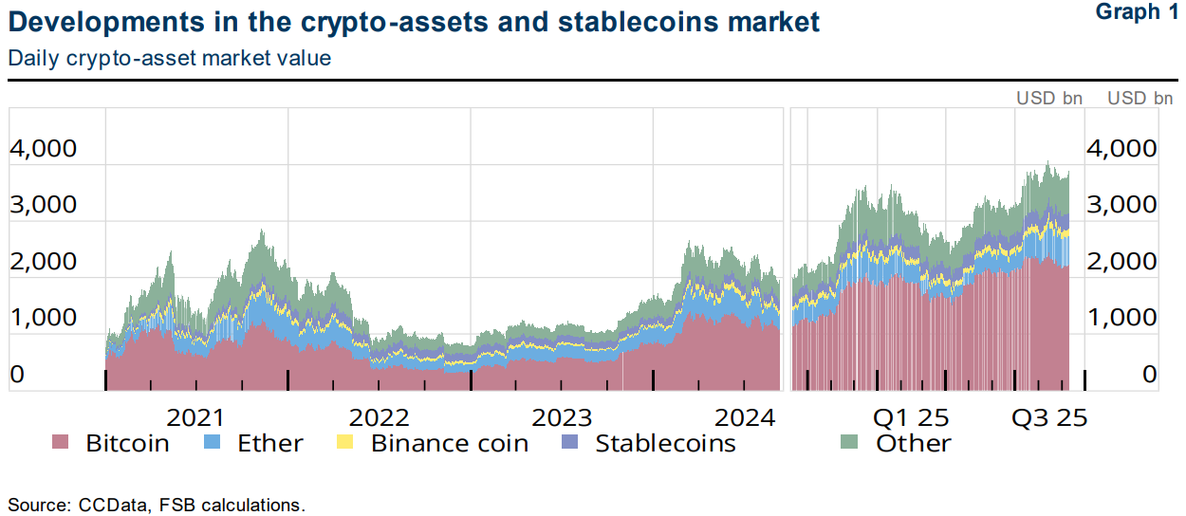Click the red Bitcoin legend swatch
coord(61,443)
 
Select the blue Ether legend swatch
coord(214,443)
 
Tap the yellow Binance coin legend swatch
coord(345,443)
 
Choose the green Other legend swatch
coord(850,443)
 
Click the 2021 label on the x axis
coord(195,418)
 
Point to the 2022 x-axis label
coord(379,418)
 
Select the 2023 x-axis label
coord(562,418)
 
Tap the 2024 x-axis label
coord(746,418)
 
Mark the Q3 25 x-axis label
coord(1048,418)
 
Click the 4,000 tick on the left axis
coord(43,149)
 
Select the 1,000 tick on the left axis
coord(43,318)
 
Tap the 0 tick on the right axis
coord(1149,375)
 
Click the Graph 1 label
coord(1135,12)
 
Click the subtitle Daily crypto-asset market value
coord(170,58)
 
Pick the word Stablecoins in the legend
coord(665,443)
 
